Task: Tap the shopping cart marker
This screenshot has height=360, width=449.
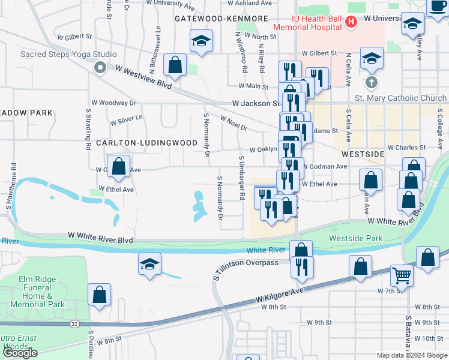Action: click(x=402, y=275)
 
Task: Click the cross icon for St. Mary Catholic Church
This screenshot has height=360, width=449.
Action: click(x=372, y=82)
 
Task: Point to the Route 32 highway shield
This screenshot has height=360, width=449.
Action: click(x=74, y=323)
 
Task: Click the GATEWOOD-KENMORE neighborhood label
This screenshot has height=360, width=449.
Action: click(x=221, y=19)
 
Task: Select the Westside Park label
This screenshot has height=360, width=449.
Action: click(x=355, y=238)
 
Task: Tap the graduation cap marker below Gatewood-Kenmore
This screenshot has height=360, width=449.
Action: click(x=201, y=41)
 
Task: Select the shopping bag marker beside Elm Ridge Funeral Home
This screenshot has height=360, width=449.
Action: click(x=99, y=295)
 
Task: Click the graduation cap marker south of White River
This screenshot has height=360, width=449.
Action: click(x=149, y=263)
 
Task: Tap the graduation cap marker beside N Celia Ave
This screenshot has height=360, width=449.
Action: click(x=372, y=58)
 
